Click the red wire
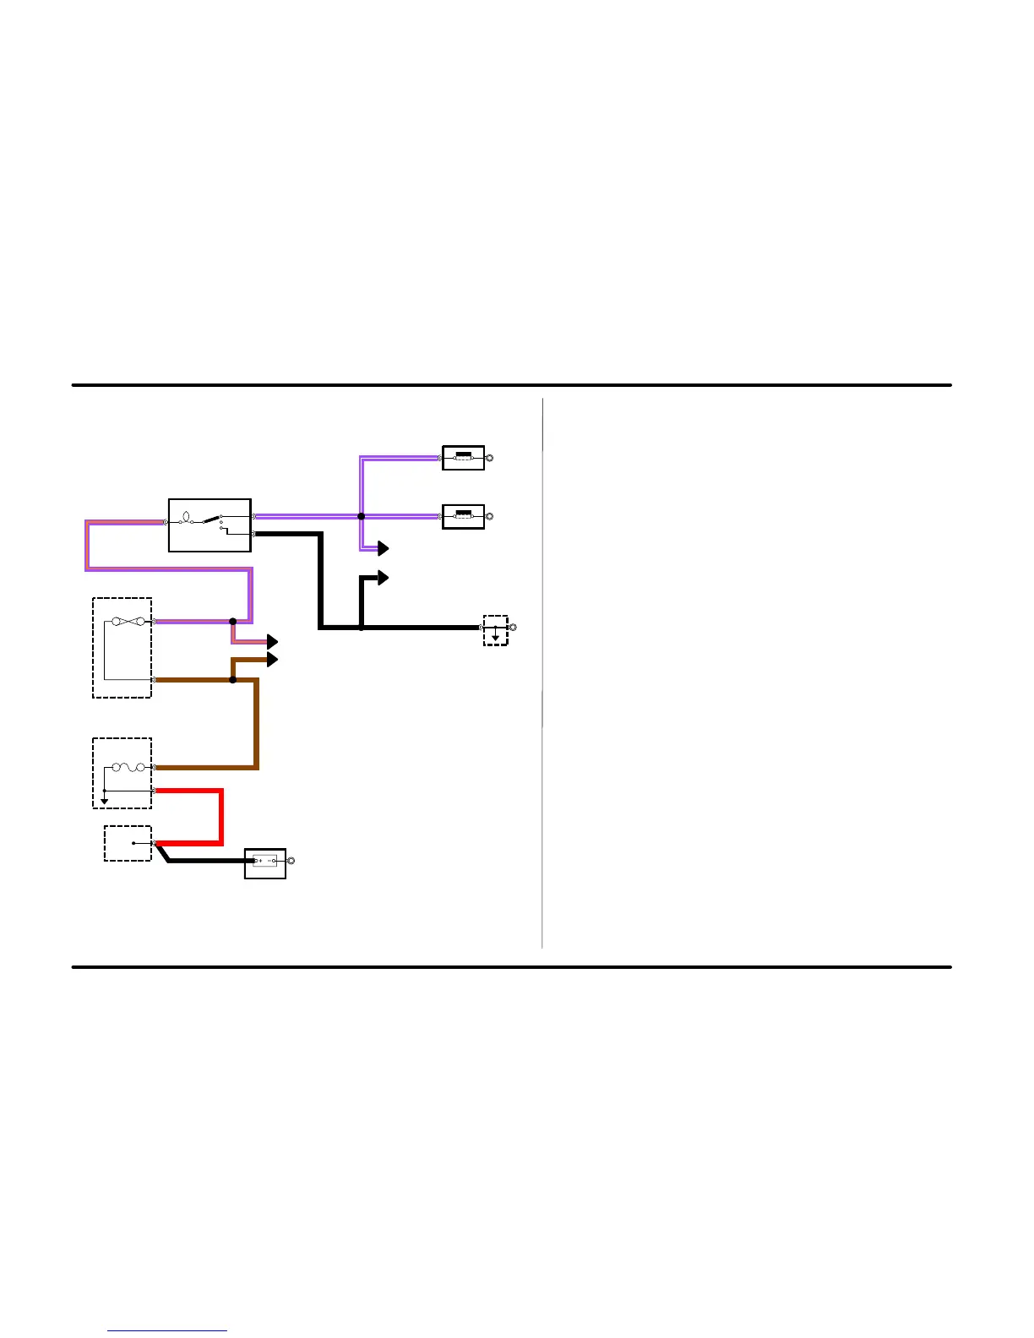tap(220, 816)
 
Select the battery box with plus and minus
tap(264, 862)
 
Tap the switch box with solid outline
tap(210, 525)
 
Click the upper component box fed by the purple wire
tap(463, 458)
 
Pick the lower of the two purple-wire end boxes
tap(463, 516)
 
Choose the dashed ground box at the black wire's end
tap(495, 630)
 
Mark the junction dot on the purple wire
tap(361, 516)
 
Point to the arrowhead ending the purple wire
tap(383, 549)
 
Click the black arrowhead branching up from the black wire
tap(383, 578)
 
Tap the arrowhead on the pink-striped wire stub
tap(272, 642)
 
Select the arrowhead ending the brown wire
tap(272, 659)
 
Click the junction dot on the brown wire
tap(232, 680)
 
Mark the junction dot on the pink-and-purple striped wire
tap(232, 622)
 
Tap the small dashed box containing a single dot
tap(128, 843)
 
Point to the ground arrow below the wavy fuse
tap(104, 800)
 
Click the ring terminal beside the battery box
tap(291, 861)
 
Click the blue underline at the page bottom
tap(167, 1330)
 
